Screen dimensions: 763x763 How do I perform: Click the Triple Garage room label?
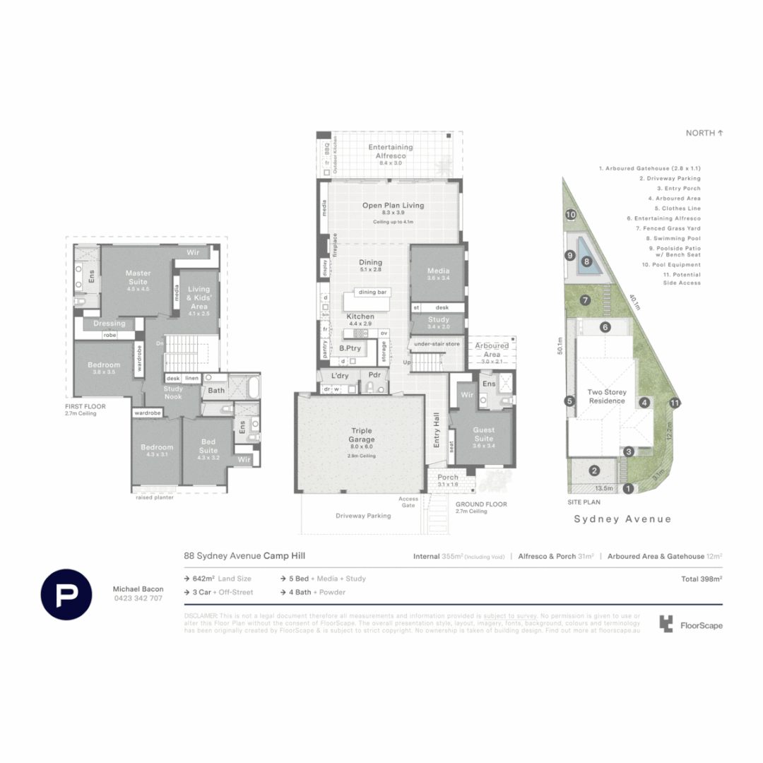(362, 434)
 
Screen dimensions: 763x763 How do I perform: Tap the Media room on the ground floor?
(437, 272)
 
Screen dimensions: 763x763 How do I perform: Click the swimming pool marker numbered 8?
(586, 261)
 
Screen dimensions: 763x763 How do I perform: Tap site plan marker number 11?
(675, 403)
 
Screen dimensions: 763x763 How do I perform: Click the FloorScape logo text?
(700, 625)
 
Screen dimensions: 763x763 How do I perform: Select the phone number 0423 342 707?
(137, 598)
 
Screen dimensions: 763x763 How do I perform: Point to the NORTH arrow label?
(704, 133)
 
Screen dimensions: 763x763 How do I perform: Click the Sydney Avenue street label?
(622, 519)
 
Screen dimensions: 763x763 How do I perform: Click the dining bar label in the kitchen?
(374, 292)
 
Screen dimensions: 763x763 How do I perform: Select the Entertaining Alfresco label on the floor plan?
(391, 150)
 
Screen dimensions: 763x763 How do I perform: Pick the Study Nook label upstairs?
(173, 392)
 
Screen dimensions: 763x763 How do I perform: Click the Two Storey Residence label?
(607, 396)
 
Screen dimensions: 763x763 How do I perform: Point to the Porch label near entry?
(448, 477)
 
